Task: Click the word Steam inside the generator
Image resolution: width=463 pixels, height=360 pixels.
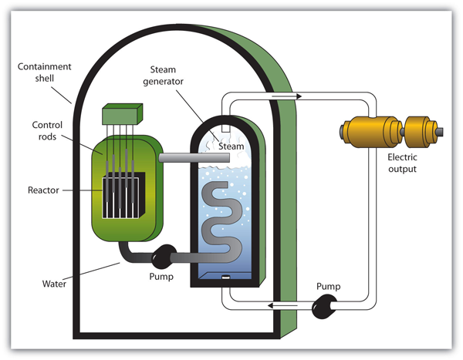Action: (231, 146)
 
